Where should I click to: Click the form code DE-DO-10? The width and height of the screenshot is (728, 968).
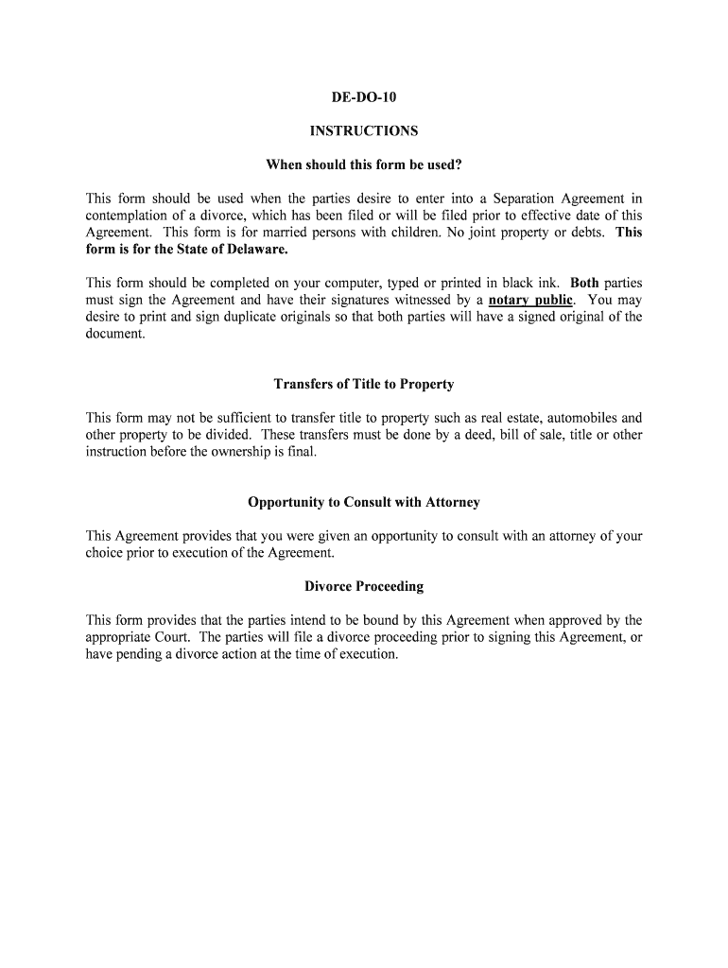[363, 97]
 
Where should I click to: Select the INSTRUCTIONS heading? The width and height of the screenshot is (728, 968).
[363, 131]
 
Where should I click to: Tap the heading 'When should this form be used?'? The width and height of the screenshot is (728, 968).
[363, 165]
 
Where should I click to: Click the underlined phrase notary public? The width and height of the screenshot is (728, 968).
[530, 301]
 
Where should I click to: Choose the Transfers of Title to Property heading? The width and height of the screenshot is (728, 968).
[363, 385]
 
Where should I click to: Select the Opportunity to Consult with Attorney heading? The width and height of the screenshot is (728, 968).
[363, 502]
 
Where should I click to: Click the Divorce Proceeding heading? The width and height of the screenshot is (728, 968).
[363, 587]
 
